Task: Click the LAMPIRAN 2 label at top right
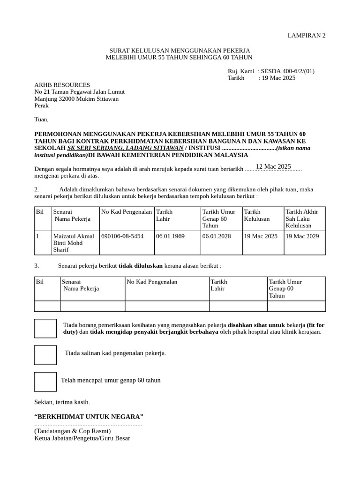click(x=306, y=36)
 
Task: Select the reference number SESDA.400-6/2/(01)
click(x=288, y=71)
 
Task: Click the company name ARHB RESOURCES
click(x=62, y=85)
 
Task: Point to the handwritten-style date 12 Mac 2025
click(x=273, y=166)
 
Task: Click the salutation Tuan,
click(x=42, y=120)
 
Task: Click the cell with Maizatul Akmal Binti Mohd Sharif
click(x=74, y=243)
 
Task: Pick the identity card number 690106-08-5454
click(x=122, y=236)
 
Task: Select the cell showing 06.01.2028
click(x=216, y=236)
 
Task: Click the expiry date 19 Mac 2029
click(x=302, y=236)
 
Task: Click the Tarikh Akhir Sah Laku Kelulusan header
click(x=301, y=218)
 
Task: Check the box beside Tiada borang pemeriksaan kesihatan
click(x=45, y=328)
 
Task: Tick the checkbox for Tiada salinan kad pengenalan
click(x=45, y=355)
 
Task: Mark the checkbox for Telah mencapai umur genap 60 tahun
click(x=45, y=382)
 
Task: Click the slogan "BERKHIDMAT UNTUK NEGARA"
click(x=89, y=417)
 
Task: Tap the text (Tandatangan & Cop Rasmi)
click(x=72, y=431)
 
